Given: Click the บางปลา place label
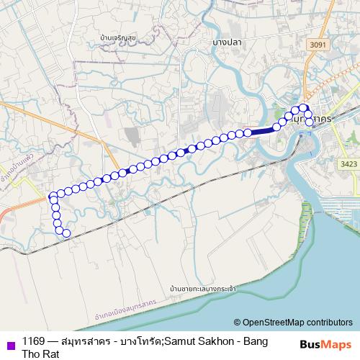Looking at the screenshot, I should click(225, 42).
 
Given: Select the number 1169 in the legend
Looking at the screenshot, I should click(33, 341).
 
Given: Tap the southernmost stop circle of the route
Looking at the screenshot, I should click(66, 233).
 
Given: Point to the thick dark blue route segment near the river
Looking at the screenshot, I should click(263, 130).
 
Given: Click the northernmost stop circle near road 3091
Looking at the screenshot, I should click(303, 108).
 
